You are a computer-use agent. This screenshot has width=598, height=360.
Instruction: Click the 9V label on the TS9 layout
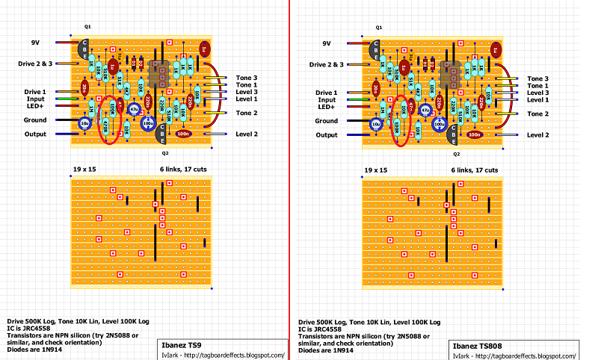tap(35, 43)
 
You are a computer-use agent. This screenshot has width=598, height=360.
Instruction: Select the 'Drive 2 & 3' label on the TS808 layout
tap(322, 65)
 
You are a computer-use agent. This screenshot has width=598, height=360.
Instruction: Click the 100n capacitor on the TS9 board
tap(184, 134)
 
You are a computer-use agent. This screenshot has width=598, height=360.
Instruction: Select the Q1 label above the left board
tap(87, 26)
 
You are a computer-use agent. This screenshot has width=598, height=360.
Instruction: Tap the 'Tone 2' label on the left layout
tap(246, 113)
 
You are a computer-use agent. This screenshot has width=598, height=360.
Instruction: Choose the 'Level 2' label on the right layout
tap(538, 134)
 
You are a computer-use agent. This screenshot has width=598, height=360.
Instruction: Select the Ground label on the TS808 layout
tap(326, 120)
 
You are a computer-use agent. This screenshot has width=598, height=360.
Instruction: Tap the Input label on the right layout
tap(326, 99)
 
